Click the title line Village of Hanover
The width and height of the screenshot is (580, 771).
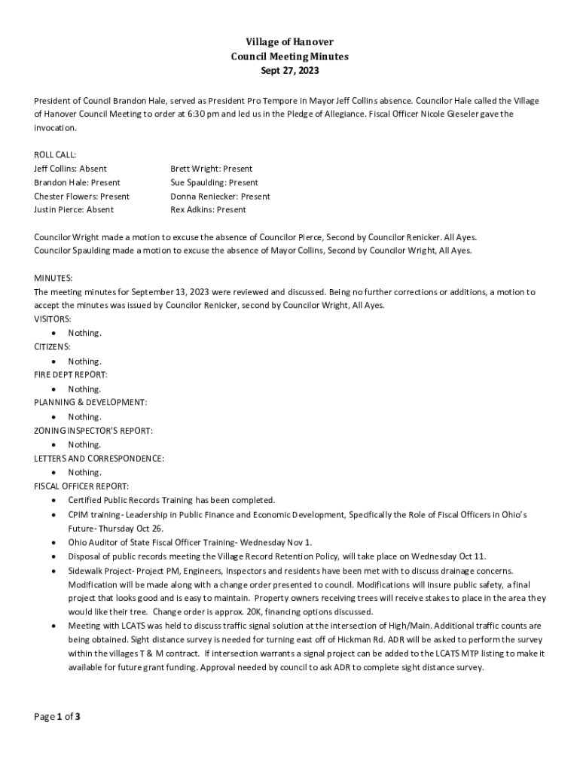tap(289, 42)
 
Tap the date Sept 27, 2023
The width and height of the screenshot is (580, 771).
tap(289, 71)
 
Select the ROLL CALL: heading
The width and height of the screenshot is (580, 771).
tap(55, 154)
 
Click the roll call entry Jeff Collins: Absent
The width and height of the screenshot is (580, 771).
tap(70, 169)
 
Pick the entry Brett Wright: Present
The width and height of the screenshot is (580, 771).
tap(211, 169)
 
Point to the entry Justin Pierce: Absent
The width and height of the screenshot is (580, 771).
tap(74, 210)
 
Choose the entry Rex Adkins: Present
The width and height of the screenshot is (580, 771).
tap(208, 210)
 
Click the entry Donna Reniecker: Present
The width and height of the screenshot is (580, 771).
tap(220, 197)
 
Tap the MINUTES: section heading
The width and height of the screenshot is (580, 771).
tap(53, 278)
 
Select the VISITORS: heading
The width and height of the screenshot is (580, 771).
tap(53, 319)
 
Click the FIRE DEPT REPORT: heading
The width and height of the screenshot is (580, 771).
tap(71, 374)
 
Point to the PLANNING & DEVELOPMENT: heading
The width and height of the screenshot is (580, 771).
tap(90, 403)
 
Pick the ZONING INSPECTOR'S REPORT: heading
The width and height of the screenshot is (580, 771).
tap(93, 431)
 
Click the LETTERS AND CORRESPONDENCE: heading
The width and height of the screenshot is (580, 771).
tap(99, 459)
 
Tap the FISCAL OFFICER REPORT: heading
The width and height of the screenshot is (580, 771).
tap(81, 486)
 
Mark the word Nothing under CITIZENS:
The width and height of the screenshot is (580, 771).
tap(84, 361)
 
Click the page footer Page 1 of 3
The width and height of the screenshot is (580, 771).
tap(57, 717)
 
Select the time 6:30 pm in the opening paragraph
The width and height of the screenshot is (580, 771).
tap(203, 114)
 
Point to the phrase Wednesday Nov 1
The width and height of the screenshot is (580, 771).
tap(276, 542)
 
